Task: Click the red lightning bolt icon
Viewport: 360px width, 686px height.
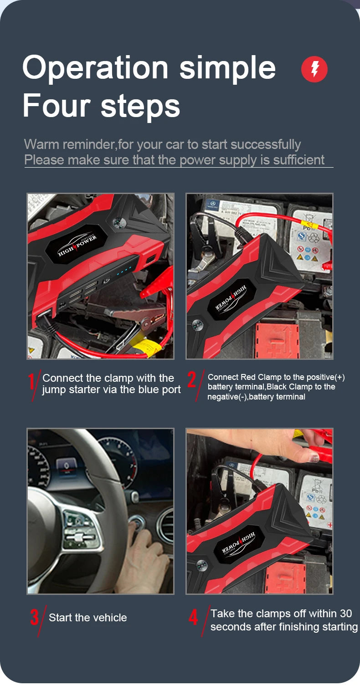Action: coord(314,69)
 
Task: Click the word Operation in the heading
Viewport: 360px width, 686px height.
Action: coord(95,68)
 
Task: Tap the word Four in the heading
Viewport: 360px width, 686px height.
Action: coord(57,106)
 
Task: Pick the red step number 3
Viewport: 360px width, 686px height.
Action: coord(35,617)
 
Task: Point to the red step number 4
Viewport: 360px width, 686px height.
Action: coord(194,617)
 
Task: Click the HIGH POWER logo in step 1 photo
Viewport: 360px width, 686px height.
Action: coord(77,246)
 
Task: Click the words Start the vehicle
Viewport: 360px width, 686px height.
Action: coord(88,618)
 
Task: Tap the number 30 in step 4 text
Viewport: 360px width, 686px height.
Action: coord(345,613)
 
